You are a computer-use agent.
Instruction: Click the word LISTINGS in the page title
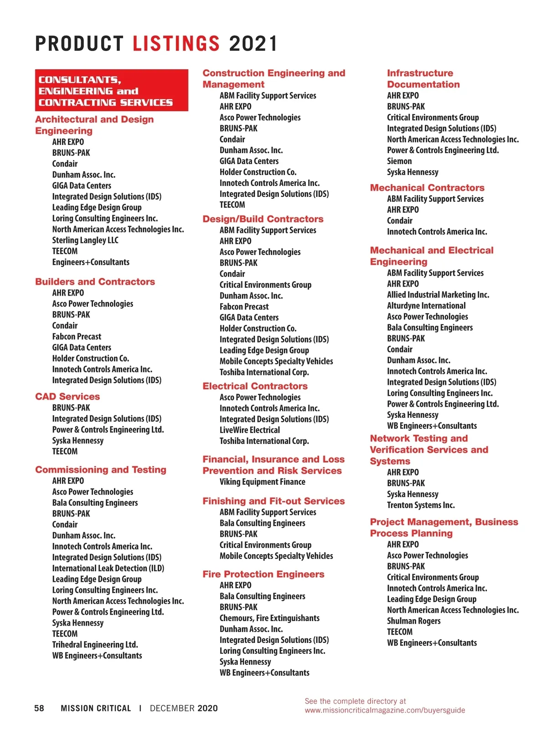176,44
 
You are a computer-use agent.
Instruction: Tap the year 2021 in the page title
253,44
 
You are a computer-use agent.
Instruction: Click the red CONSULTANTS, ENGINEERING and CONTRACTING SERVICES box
111,91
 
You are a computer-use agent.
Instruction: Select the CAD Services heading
67,396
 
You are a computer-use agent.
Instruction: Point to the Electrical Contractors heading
255,386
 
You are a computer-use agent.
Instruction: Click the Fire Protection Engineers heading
263,574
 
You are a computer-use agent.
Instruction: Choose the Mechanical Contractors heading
427,188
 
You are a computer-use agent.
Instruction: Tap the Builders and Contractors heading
95,282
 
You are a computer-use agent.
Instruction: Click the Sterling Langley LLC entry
85,240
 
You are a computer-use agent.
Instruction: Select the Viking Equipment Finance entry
263,482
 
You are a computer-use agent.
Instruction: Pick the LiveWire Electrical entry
250,430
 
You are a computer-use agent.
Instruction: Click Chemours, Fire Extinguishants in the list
269,618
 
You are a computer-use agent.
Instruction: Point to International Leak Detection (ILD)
108,568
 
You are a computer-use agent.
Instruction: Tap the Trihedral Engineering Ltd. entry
95,645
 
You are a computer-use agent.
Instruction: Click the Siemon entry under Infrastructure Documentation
399,161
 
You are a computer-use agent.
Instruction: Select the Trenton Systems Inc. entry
421,505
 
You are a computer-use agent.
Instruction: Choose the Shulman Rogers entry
414,621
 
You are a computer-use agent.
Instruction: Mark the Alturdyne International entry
426,306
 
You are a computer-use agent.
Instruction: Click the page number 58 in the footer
39,708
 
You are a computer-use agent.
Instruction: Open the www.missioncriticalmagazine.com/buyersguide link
385,710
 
